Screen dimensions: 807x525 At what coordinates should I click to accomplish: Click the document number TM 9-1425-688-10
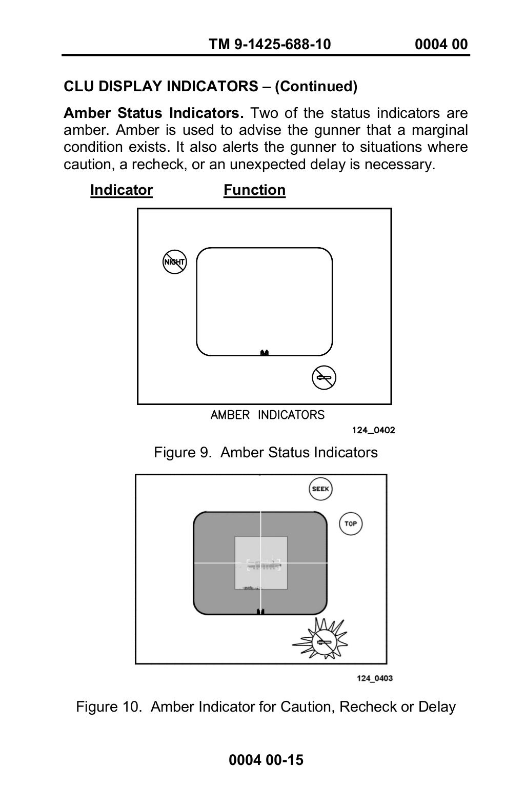click(270, 45)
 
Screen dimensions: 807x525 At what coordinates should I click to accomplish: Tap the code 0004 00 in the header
click(441, 45)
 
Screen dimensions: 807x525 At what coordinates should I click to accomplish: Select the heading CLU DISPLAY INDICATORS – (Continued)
click(210, 86)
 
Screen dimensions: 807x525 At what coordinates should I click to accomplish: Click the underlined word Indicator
click(122, 190)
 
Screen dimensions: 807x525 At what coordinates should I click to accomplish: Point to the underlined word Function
click(254, 190)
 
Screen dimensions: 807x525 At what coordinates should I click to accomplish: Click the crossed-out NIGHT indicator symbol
click(174, 262)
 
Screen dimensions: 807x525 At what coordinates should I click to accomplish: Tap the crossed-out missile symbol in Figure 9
click(324, 378)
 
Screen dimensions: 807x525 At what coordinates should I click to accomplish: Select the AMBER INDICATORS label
click(267, 415)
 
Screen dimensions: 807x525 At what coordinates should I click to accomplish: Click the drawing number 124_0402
click(373, 430)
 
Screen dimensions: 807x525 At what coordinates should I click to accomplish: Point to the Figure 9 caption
click(266, 452)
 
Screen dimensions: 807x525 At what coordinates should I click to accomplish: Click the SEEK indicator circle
click(321, 489)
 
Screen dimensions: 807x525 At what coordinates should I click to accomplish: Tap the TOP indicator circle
click(351, 523)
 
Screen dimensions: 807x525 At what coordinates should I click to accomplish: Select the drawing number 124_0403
click(375, 678)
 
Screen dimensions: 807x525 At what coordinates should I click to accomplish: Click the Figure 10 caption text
click(266, 707)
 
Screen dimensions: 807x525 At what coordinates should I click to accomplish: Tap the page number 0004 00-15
click(266, 760)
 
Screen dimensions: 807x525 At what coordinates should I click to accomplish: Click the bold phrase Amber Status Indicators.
click(154, 113)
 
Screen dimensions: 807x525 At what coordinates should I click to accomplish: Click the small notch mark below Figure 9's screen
click(265, 353)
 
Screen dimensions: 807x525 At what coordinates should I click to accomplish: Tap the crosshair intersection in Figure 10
click(261, 563)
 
